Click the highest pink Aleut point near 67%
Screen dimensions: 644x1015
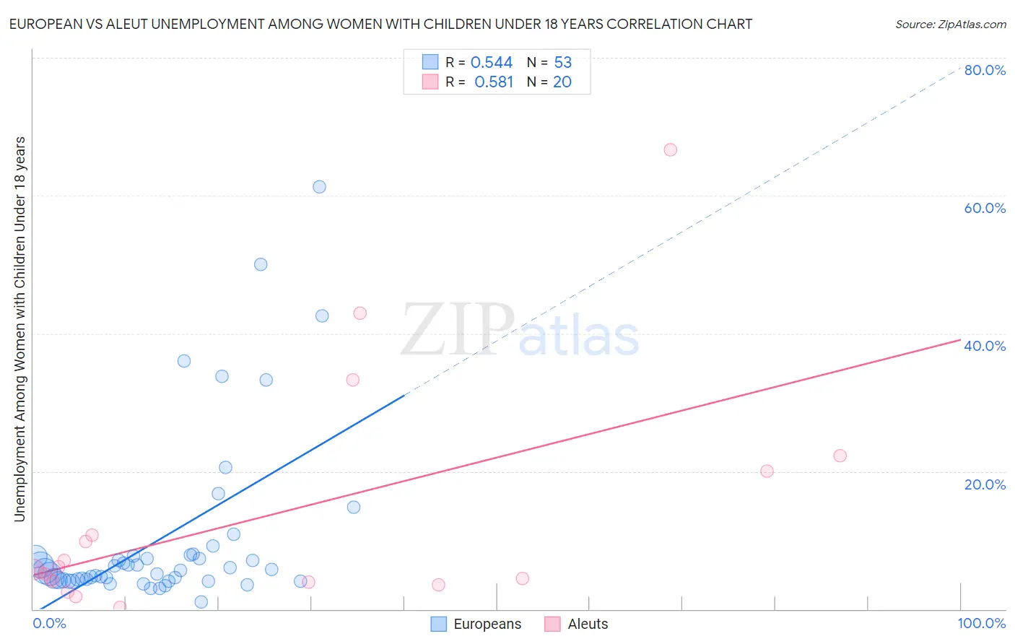click(x=670, y=150)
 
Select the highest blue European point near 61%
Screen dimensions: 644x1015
click(x=319, y=187)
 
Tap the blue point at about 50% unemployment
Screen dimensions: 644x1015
click(x=261, y=264)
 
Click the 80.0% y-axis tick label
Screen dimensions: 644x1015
click(x=985, y=70)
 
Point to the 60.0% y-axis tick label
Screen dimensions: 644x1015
click(x=985, y=208)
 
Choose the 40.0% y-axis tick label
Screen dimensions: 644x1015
click(x=985, y=346)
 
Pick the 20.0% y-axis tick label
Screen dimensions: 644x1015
click(x=985, y=484)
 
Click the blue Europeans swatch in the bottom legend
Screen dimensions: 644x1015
click(x=438, y=625)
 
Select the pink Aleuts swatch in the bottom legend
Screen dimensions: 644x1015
click(x=552, y=625)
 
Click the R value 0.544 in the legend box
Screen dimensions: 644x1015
click(x=491, y=63)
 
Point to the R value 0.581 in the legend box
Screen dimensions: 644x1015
click(x=494, y=82)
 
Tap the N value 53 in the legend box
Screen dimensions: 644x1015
click(x=563, y=63)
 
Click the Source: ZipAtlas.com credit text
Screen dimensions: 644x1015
click(x=950, y=25)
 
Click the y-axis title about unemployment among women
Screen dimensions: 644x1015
click(x=20, y=328)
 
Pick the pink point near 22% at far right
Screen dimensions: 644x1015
click(x=840, y=456)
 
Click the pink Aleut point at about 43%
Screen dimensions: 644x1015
click(x=360, y=313)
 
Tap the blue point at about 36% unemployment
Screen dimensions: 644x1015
click(x=184, y=361)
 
